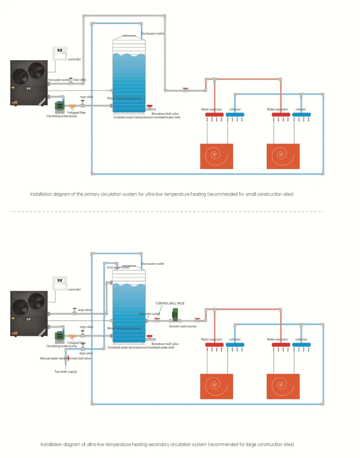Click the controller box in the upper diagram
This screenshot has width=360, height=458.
point(60,53)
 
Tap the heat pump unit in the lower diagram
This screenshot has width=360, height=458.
point(29,313)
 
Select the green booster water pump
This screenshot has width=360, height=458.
point(175,315)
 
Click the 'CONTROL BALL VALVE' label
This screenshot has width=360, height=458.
point(170,303)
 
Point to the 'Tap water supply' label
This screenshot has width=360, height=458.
point(66,372)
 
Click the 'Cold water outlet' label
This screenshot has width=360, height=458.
point(118,267)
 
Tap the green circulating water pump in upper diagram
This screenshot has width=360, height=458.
point(60,106)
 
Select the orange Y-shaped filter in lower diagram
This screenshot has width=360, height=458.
point(72,337)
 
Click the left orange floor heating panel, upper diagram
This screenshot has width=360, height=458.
point(216,156)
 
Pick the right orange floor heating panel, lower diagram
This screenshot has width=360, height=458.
point(283,386)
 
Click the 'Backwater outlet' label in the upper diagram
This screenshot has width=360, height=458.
point(153,34)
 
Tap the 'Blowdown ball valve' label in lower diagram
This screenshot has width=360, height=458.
point(165,344)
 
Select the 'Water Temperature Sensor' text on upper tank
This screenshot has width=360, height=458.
point(125,98)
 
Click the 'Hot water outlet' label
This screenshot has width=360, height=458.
point(149,314)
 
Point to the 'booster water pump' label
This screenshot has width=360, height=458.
point(183,327)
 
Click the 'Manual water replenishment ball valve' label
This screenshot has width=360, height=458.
point(65,358)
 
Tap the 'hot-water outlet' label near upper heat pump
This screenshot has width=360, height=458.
point(58,80)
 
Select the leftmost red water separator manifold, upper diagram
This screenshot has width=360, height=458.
point(214,114)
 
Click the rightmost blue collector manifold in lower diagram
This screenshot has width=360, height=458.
point(301,345)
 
